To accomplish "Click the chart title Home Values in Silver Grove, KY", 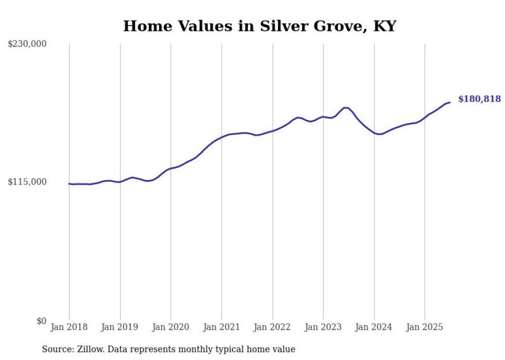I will (x=259, y=26).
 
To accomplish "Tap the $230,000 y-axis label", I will (x=27, y=44).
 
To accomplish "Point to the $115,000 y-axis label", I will (x=27, y=182).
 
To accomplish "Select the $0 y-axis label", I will (x=41, y=321).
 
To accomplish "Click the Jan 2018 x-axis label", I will (x=69, y=327).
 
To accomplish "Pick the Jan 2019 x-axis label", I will (x=120, y=327).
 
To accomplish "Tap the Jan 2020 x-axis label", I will (x=171, y=327).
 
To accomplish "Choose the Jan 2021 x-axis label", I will (x=222, y=327).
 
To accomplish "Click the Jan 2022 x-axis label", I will (x=273, y=327).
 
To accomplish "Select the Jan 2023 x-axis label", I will (x=323, y=327).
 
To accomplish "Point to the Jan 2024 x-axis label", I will (x=374, y=327).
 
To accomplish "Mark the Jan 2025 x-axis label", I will (x=425, y=327).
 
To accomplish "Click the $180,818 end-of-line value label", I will (x=479, y=99).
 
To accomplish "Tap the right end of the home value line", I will (x=450, y=102).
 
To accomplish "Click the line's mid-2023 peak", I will (x=345, y=108).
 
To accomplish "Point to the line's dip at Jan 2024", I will (x=379, y=134).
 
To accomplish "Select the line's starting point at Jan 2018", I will (x=70, y=183).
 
